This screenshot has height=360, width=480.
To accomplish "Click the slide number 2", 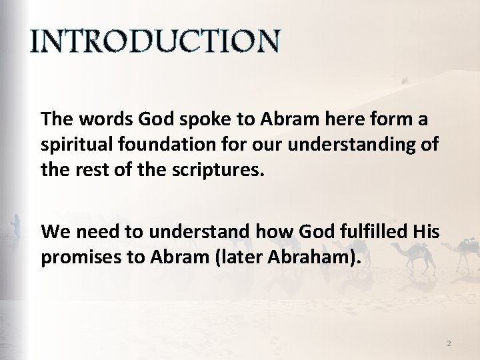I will (449, 343).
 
